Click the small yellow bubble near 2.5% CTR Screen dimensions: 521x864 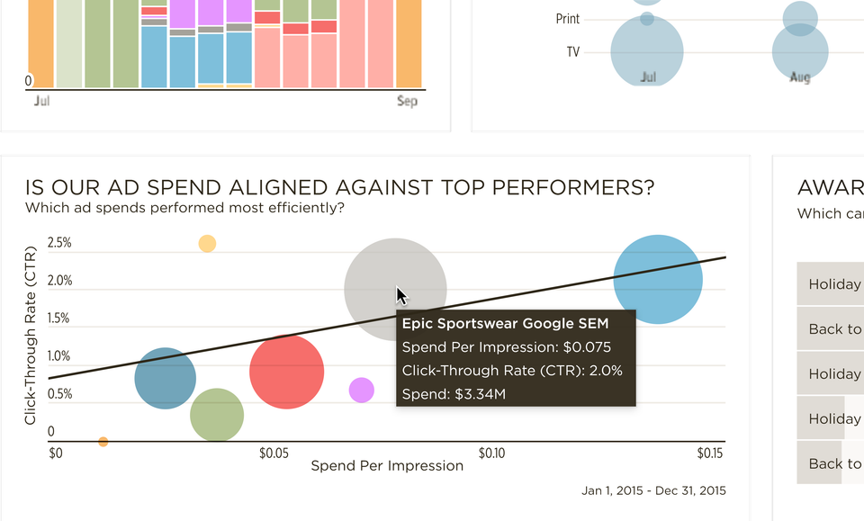[x=207, y=243]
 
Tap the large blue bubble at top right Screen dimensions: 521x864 [x=658, y=279]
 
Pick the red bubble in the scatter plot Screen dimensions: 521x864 [x=286, y=372]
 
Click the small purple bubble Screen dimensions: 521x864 [x=361, y=390]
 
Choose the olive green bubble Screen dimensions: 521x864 [x=217, y=415]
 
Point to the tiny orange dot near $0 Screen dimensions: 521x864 [x=103, y=442]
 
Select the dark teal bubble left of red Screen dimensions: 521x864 [x=165, y=378]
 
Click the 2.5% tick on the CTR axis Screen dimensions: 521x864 [x=59, y=243]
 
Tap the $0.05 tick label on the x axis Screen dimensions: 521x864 [x=274, y=453]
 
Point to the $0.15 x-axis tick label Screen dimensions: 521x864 [x=710, y=453]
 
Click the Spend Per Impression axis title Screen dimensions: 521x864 [x=387, y=466]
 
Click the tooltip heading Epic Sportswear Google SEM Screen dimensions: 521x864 [x=505, y=324]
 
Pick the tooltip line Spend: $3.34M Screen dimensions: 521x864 [x=454, y=394]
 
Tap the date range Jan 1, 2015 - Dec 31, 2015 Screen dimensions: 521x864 [x=653, y=490]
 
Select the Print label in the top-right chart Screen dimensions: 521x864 [x=568, y=19]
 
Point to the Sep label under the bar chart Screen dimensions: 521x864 [x=407, y=102]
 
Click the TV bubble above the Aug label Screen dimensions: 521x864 [x=799, y=52]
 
